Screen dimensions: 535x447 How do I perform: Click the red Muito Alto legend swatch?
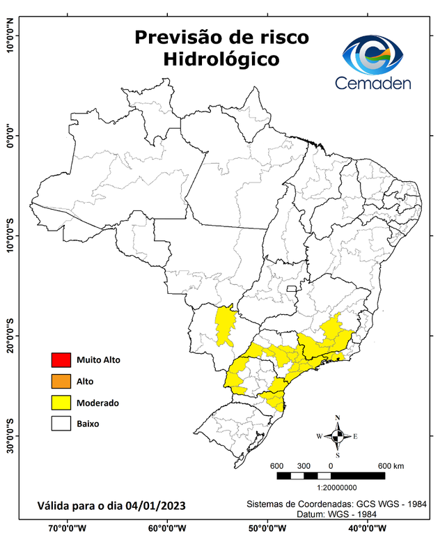[61, 360]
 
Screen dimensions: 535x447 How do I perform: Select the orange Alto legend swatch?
[61, 381]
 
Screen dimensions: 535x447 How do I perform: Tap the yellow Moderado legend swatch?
[61, 403]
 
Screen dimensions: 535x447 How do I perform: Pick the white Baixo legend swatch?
[61, 424]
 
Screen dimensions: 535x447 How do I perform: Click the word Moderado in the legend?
[97, 403]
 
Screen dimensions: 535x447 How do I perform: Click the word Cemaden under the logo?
[373, 83]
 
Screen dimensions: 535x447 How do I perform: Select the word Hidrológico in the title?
[221, 60]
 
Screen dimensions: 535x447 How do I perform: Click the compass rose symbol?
[338, 437]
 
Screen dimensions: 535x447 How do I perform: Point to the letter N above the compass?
[338, 418]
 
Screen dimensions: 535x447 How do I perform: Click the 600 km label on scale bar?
[391, 465]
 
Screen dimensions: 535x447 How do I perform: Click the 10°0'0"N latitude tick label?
[10, 35]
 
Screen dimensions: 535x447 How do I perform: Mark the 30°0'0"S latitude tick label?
[10, 435]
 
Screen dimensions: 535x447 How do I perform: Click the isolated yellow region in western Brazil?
[225, 326]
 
